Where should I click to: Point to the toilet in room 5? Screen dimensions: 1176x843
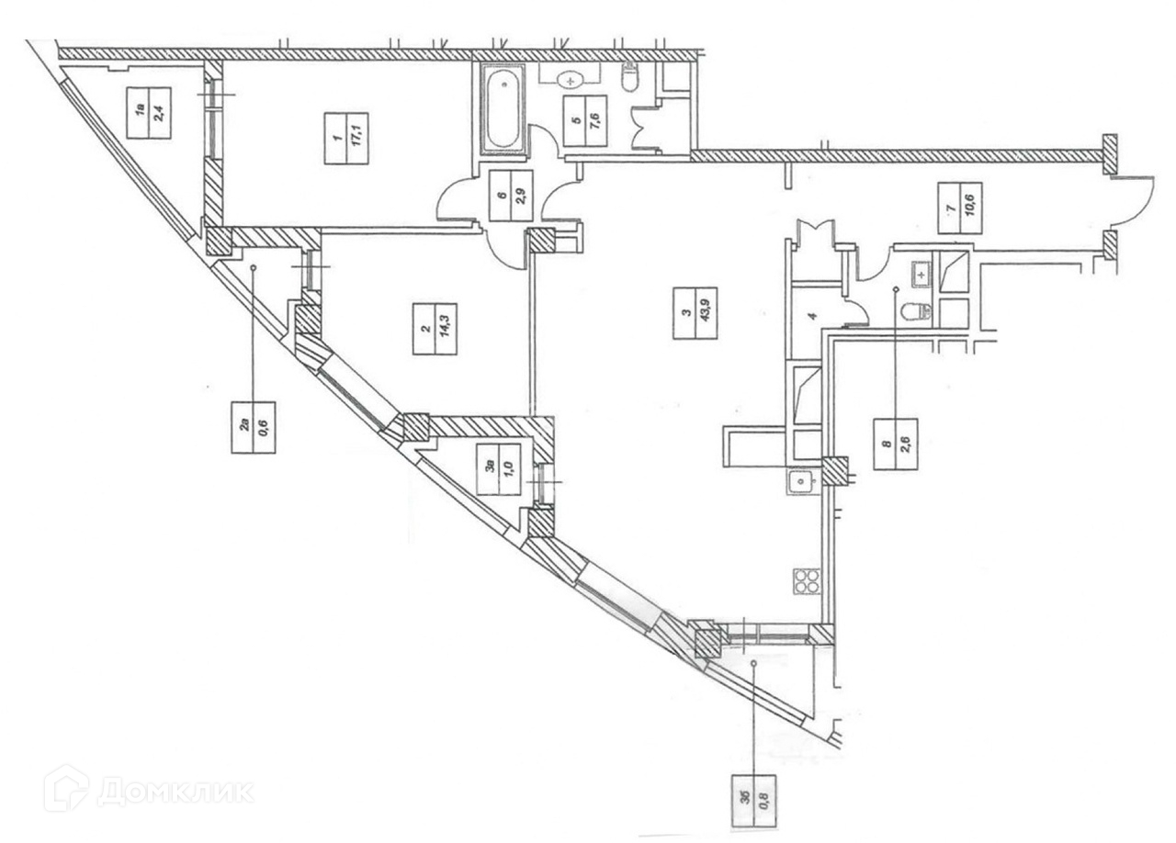(630, 78)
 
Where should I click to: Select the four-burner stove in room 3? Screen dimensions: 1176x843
(806, 581)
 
